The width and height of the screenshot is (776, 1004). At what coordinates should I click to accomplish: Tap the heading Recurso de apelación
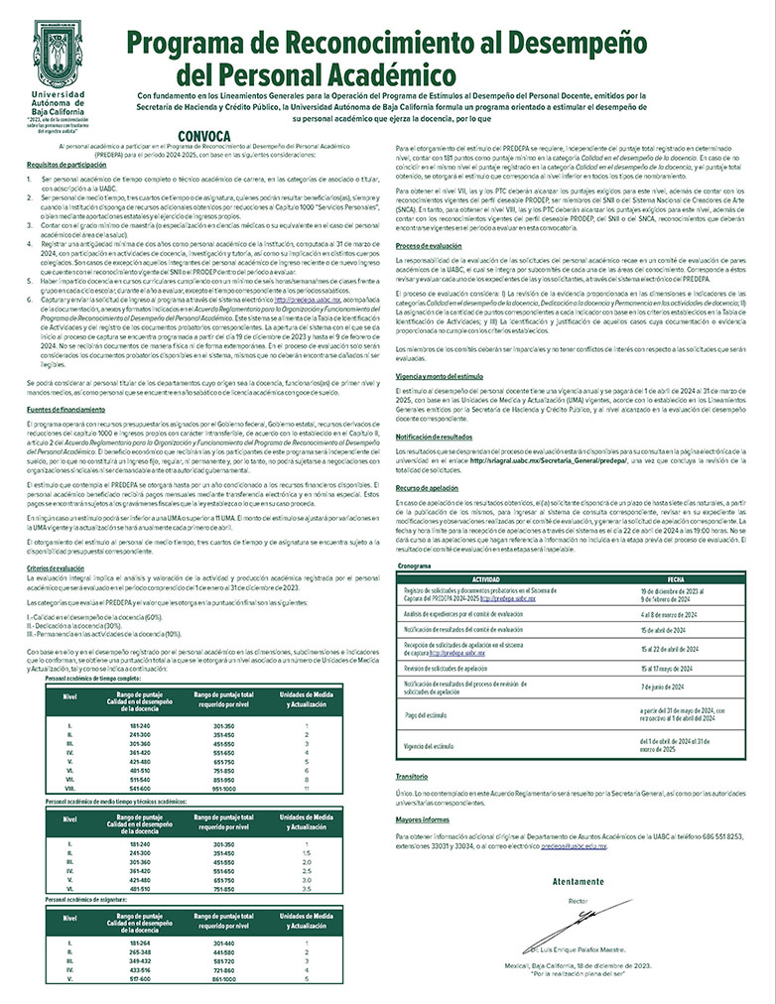point(428,489)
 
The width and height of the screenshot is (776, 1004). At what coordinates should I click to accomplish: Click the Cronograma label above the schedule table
point(414,565)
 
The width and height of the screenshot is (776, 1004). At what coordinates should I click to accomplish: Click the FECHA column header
point(676,576)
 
